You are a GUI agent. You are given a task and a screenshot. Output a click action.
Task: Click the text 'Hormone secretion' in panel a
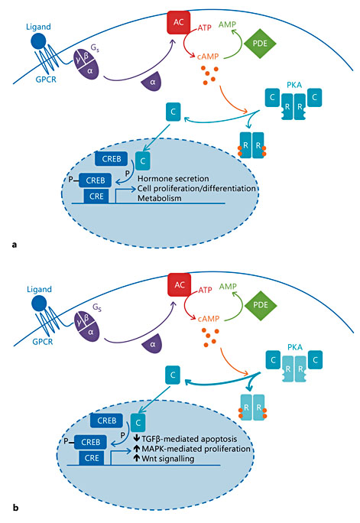pos(172,177)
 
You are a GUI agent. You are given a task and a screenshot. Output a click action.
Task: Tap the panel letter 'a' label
pos(16,243)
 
